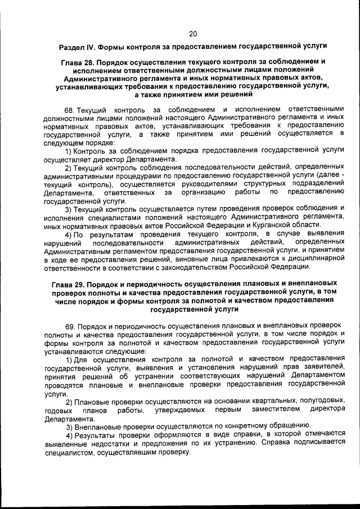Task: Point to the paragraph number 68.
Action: coord(70,107)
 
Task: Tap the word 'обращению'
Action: coord(280,425)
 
